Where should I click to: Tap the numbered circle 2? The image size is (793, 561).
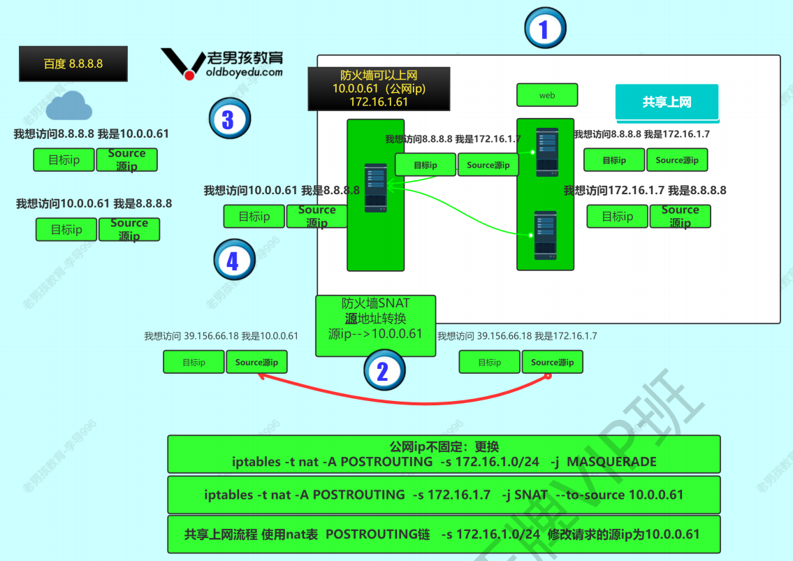[x=383, y=371]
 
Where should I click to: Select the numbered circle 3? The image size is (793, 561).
[x=228, y=119]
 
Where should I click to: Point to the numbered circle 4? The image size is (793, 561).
[x=233, y=261]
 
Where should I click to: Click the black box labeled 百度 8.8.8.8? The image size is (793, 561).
[x=73, y=64]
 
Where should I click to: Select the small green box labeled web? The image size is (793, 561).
[x=547, y=95]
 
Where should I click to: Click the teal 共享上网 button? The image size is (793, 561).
[x=667, y=102]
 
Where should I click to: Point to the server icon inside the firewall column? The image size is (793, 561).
[x=375, y=188]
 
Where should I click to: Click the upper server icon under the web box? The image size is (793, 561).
[x=546, y=152]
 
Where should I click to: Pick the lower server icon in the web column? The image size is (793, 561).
[x=546, y=235]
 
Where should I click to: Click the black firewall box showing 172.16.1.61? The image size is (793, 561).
[x=379, y=89]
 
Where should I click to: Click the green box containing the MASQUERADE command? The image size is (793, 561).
[x=444, y=454]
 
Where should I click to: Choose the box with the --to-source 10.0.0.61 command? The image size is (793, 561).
[x=444, y=495]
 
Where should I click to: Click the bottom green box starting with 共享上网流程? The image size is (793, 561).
[x=444, y=534]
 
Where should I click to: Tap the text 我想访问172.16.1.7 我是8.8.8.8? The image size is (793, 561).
[x=645, y=190]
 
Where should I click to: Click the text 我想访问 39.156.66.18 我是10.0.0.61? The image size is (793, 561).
[x=221, y=336]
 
